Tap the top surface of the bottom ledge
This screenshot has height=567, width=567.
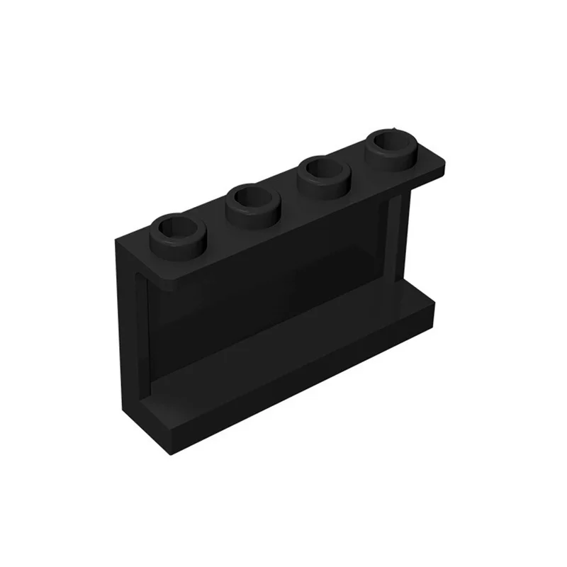click(298, 340)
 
